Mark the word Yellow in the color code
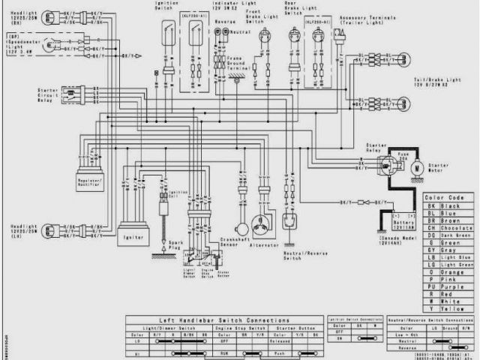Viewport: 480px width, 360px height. (x=441, y=307)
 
